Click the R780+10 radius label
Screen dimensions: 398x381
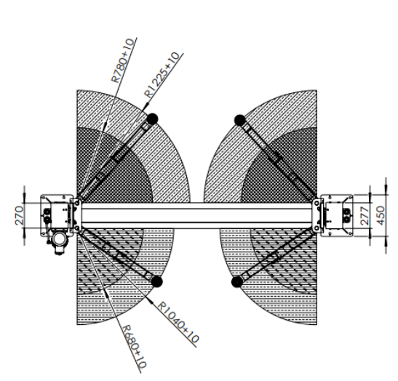click(122, 60)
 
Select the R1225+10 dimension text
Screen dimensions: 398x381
click(162, 75)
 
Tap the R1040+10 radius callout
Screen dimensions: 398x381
click(178, 322)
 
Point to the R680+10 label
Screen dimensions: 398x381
click(135, 347)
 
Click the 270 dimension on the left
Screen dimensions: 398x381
click(19, 216)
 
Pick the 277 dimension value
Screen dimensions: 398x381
click(365, 216)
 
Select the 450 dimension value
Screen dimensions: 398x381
click(381, 215)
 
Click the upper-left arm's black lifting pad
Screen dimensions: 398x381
click(152, 119)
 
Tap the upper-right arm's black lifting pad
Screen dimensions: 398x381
click(240, 120)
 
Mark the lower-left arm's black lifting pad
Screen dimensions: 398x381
click(156, 281)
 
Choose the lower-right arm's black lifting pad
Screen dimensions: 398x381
click(237, 282)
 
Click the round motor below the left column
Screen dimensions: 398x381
click(59, 240)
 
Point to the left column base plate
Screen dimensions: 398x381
click(57, 216)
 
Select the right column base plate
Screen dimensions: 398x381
click(337, 216)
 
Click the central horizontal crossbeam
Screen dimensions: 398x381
click(196, 216)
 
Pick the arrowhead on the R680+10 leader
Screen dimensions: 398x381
click(106, 293)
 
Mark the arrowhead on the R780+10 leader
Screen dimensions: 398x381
click(104, 123)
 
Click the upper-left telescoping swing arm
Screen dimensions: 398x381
click(116, 159)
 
